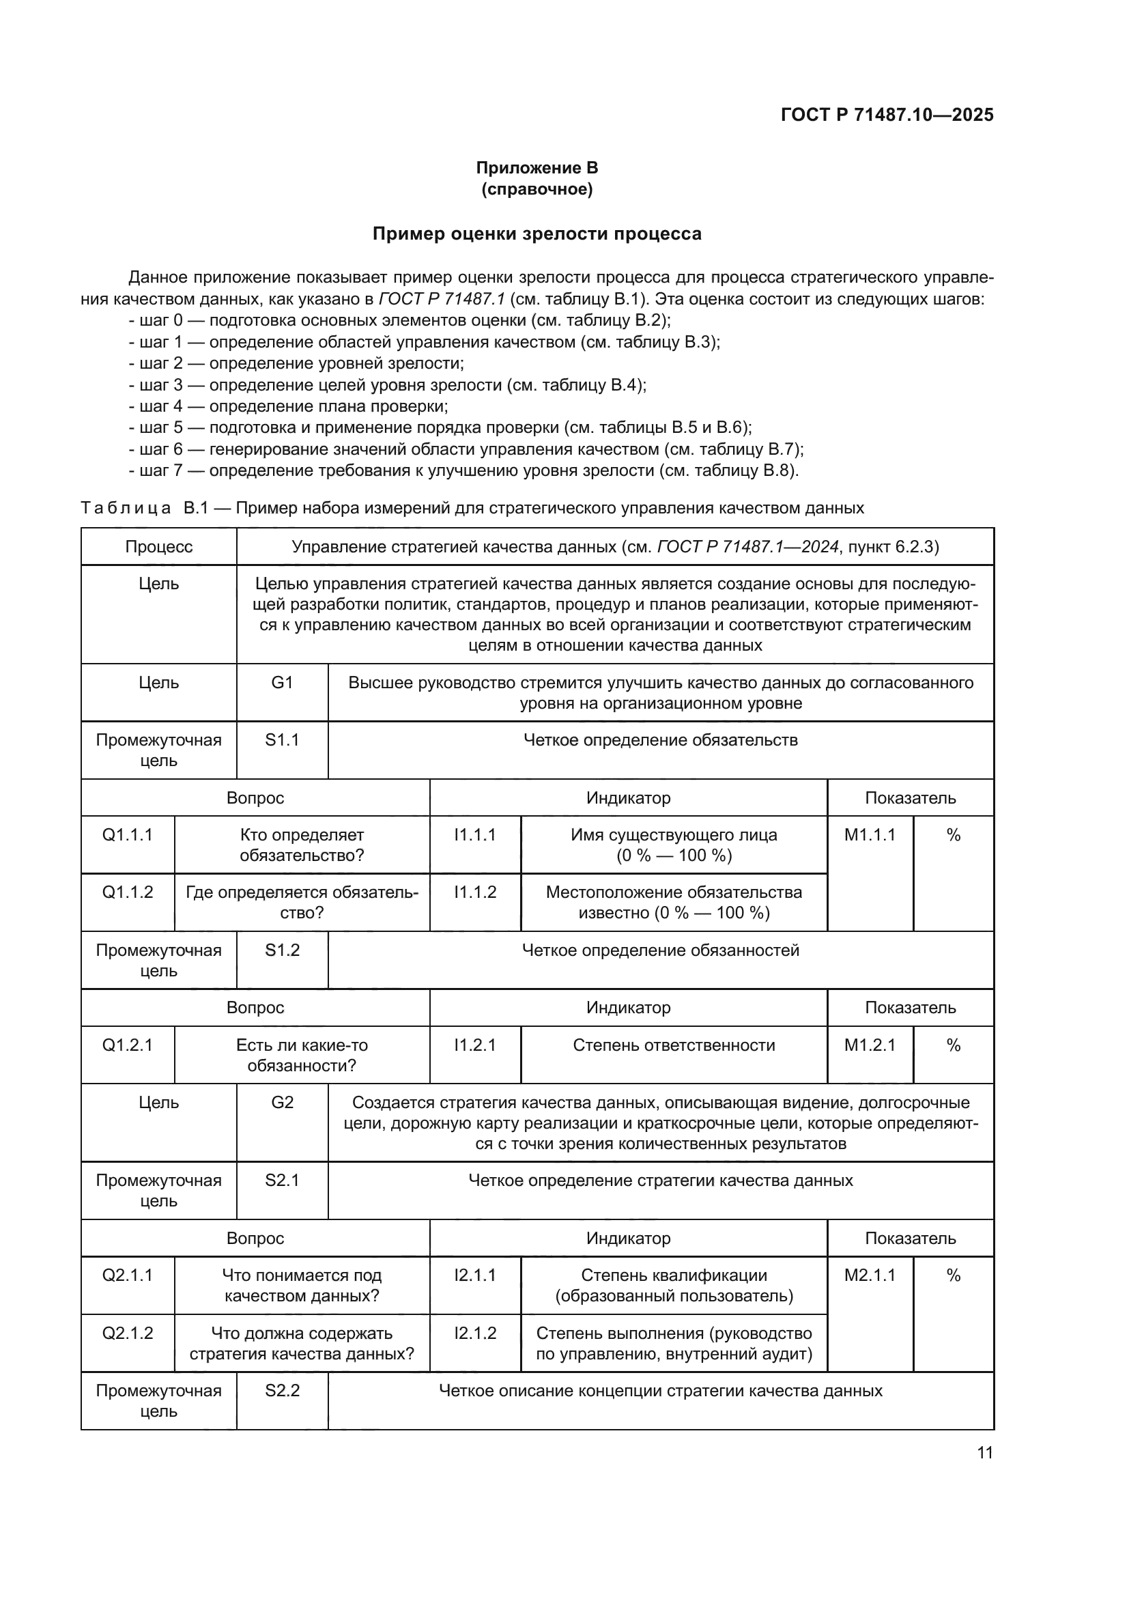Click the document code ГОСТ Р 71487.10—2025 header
pyautogui.click(x=887, y=115)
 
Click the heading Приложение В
pyautogui.click(x=537, y=168)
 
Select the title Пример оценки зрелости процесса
pyautogui.click(x=537, y=234)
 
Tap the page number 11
pyautogui.click(x=984, y=1452)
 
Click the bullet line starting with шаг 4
pyautogui.click(x=289, y=406)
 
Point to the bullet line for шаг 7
pyautogui.click(x=463, y=471)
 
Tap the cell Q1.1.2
pyautogui.click(x=127, y=892)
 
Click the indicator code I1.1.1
pyautogui.click(x=475, y=834)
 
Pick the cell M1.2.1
pyautogui.click(x=870, y=1045)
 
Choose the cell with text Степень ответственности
pyautogui.click(x=674, y=1045)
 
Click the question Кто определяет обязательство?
pyautogui.click(x=302, y=845)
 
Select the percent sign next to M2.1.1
pyautogui.click(x=953, y=1275)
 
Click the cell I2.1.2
pyautogui.click(x=475, y=1333)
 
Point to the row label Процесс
pyautogui.click(x=158, y=547)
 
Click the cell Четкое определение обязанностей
pyautogui.click(x=661, y=950)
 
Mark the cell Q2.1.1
pyautogui.click(x=127, y=1275)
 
